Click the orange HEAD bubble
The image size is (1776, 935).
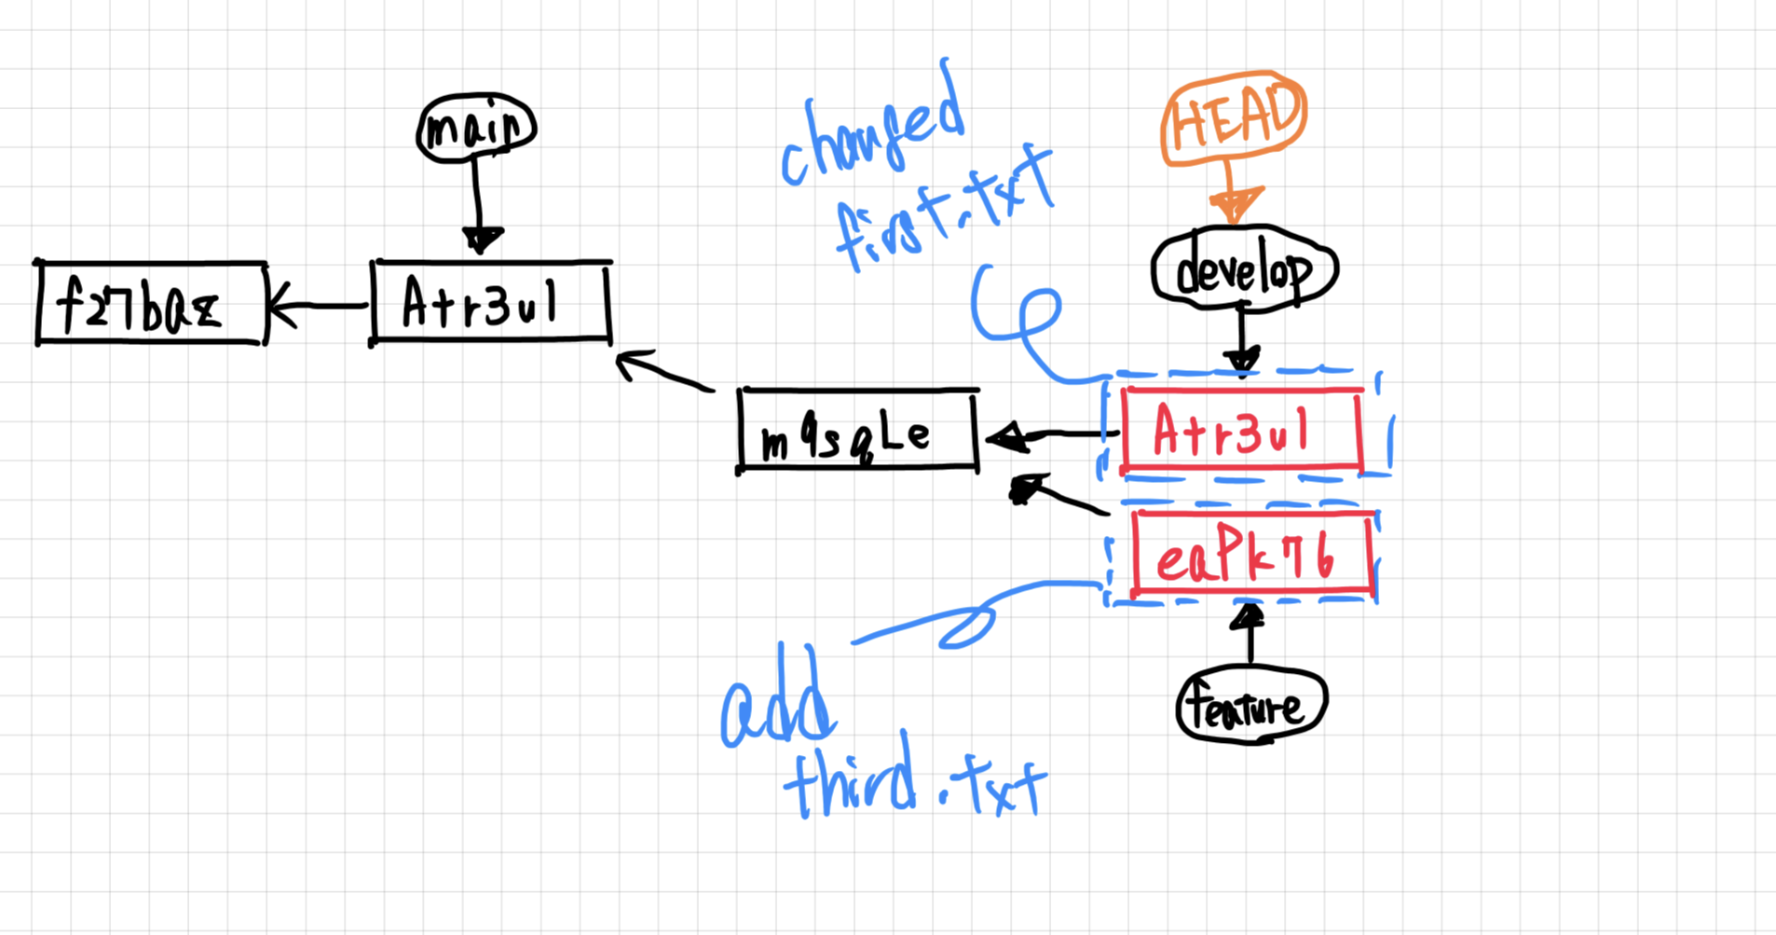1234,117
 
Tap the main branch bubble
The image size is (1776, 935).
476,129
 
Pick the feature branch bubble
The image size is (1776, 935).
1251,707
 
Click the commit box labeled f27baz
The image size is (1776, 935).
151,304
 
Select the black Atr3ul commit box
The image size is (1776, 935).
490,302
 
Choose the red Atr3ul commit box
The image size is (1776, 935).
1241,429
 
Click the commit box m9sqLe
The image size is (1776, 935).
857,432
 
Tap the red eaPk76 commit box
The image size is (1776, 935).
1252,555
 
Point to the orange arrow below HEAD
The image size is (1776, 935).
1233,194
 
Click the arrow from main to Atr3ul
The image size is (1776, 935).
478,205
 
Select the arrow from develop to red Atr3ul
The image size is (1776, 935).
1242,337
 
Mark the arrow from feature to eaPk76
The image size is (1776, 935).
1250,634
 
